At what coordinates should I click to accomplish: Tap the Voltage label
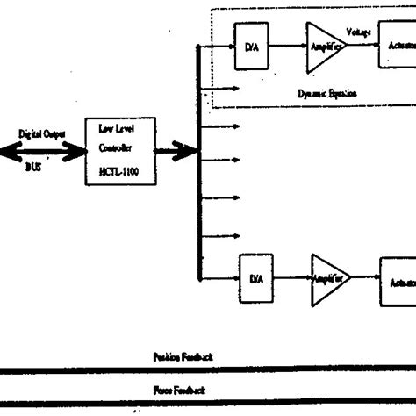tap(358, 32)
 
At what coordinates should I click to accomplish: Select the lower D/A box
tap(256, 279)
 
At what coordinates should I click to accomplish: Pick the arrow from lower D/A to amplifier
tap(292, 279)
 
